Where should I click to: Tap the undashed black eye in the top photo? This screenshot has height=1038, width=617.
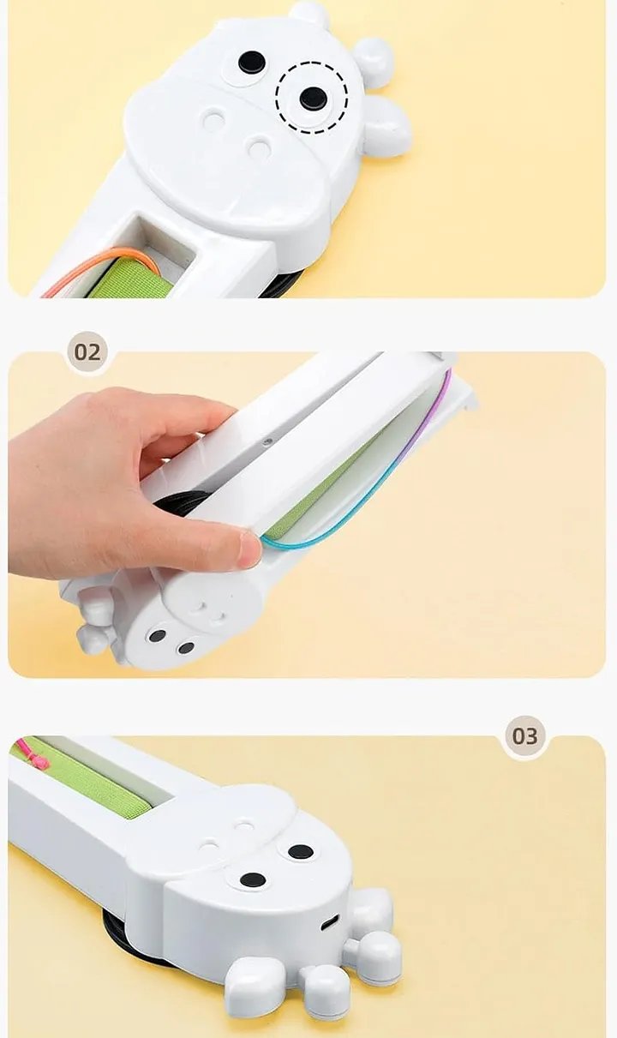tap(252, 61)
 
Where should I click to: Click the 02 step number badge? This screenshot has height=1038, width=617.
tap(87, 352)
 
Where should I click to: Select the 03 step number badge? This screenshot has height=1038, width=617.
tap(524, 735)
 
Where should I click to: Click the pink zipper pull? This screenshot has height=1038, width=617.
tap(33, 753)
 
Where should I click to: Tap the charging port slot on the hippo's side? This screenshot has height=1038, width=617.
tap(330, 923)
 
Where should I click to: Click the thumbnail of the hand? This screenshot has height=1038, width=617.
tap(249, 550)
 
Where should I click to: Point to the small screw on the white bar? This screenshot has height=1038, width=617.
tap(267, 441)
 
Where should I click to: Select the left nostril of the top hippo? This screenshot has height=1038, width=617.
tap(214, 119)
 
